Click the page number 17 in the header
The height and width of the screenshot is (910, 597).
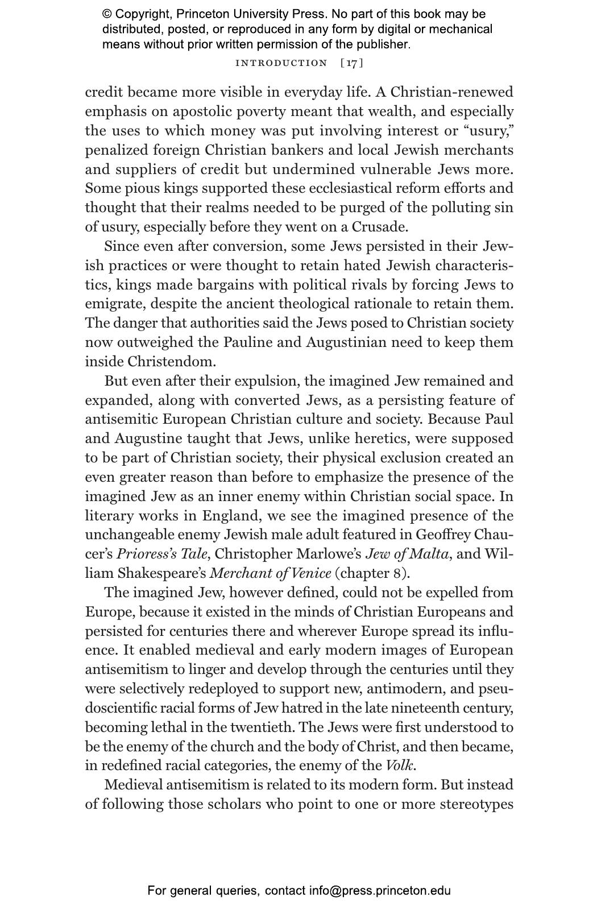pyautogui.click(x=352, y=63)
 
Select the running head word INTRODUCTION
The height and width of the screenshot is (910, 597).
pyautogui.click(x=281, y=63)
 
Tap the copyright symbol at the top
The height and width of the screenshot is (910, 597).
pyautogui.click(x=107, y=14)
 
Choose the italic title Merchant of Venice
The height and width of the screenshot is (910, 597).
pyautogui.click(x=270, y=573)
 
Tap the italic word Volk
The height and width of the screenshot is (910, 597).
pyautogui.click(x=400, y=766)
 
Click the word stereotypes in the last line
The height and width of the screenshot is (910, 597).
pyautogui.click(x=476, y=804)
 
